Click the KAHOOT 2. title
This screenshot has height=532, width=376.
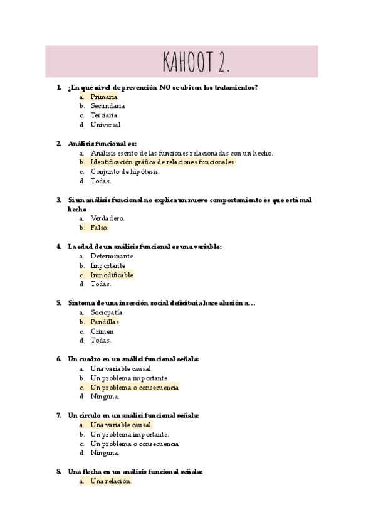[x=196, y=62]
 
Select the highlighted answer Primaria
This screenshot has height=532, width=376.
[x=103, y=97]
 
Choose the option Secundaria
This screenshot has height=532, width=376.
[x=107, y=106]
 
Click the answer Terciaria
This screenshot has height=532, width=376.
[x=103, y=115]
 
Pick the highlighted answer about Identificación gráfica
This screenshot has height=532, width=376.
[x=162, y=162]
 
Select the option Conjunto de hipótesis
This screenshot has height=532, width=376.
[x=125, y=171]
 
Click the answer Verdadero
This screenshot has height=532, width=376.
[x=107, y=218]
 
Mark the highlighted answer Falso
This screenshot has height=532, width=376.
[x=99, y=228]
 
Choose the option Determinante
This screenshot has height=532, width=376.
[x=112, y=256]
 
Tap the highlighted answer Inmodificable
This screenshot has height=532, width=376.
[x=112, y=275]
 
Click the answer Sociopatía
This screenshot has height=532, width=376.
[x=107, y=312]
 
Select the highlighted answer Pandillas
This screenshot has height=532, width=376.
[x=104, y=322]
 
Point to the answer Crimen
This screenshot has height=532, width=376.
[x=102, y=331]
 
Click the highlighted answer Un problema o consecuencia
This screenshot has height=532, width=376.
[x=134, y=388]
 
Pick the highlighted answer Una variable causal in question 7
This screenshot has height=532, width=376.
[x=121, y=425]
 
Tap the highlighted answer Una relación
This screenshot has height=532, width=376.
[x=110, y=481]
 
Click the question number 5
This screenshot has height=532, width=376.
[x=58, y=302]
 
